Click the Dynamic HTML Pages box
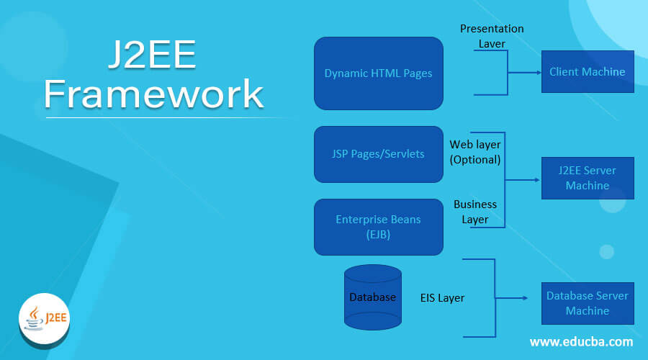[x=378, y=73]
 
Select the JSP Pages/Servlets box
[x=378, y=154]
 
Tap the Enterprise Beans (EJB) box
[x=378, y=226]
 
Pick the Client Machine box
[x=587, y=71]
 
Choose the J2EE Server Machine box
[x=587, y=178]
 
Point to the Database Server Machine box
[x=587, y=303]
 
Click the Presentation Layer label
[x=492, y=36]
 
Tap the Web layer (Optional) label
[x=475, y=152]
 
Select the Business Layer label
[x=475, y=212]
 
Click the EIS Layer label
[x=442, y=297]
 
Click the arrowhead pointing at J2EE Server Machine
[x=537, y=179]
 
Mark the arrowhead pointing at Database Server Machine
[x=537, y=297]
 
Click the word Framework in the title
[x=153, y=94]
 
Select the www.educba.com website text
[x=581, y=341]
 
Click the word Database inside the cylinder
[x=372, y=297]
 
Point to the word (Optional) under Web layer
[x=474, y=160]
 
